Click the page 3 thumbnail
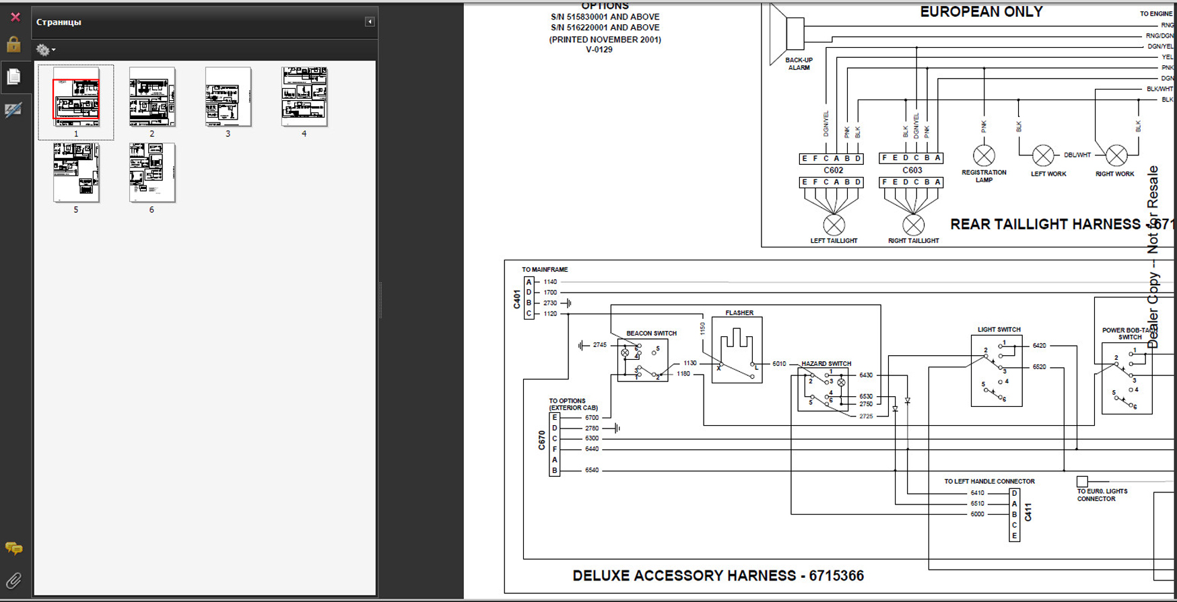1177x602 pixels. (x=228, y=96)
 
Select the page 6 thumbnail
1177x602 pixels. (x=152, y=172)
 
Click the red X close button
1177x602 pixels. (x=15, y=17)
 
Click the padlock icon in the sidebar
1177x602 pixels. (x=13, y=45)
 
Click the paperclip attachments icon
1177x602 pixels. (x=13, y=580)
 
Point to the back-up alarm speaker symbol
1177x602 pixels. (x=786, y=34)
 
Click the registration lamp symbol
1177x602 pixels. (x=984, y=156)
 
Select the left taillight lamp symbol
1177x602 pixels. (x=834, y=225)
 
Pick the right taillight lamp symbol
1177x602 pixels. (x=913, y=225)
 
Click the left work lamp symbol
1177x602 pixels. (x=1043, y=156)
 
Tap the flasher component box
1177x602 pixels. (x=737, y=350)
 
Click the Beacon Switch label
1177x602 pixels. (x=651, y=333)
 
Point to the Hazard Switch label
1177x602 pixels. (x=826, y=363)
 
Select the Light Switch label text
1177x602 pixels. (x=999, y=330)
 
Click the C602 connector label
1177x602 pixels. (x=833, y=170)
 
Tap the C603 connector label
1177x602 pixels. (x=912, y=170)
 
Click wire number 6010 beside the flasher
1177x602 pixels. (x=779, y=364)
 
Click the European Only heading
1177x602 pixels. (x=981, y=12)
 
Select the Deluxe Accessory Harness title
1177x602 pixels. (x=718, y=576)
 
